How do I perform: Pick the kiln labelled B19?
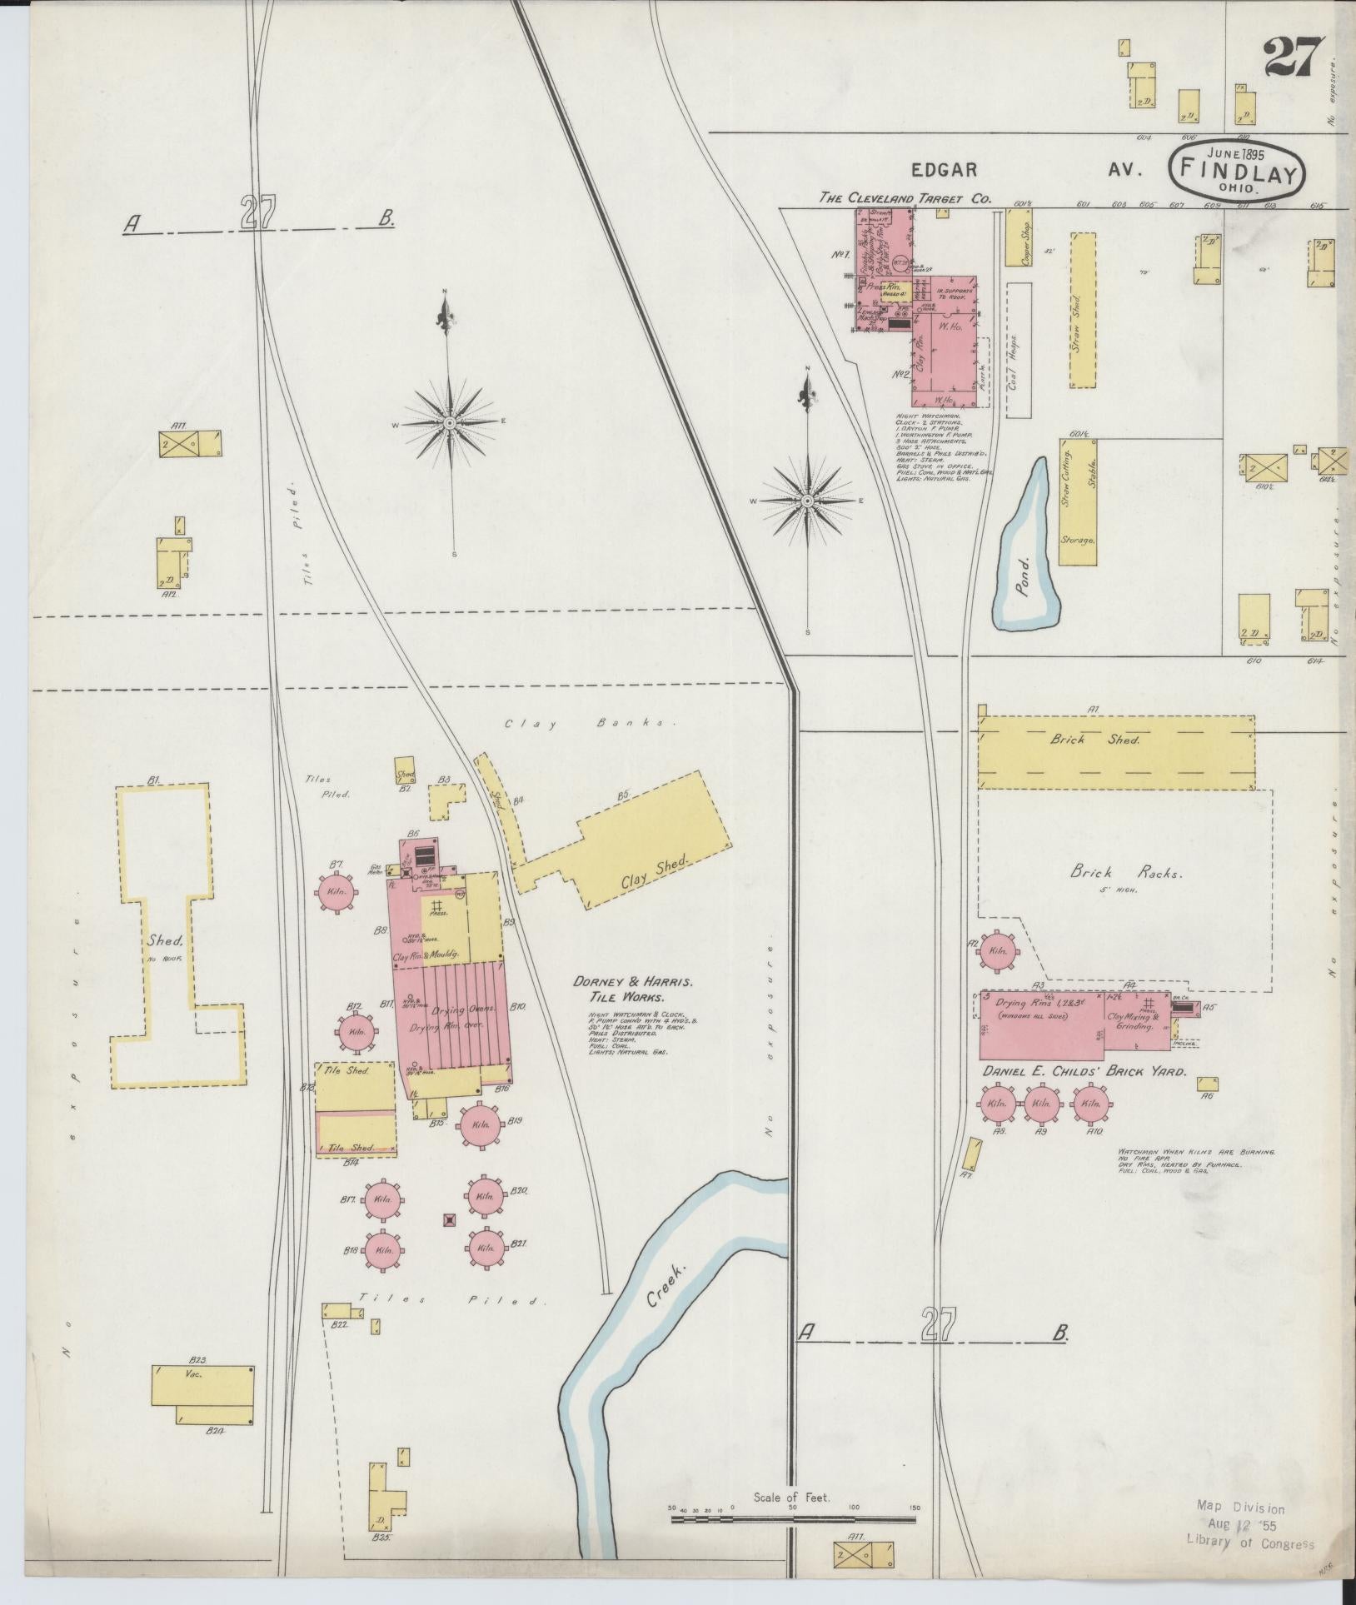[480, 1124]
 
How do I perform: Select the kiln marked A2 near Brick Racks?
[996, 950]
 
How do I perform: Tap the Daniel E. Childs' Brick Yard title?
[1084, 1072]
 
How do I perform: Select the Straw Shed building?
[1082, 310]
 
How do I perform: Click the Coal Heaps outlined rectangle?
[1019, 350]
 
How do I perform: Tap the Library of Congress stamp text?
[1249, 1543]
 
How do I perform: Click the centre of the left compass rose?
[450, 422]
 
